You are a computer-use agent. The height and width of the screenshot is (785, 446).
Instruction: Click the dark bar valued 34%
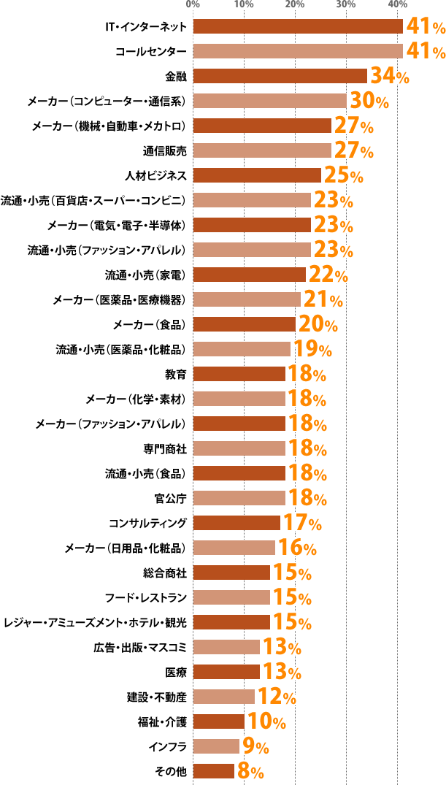point(280,76)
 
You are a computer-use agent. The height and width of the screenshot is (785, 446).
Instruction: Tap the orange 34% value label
point(390,76)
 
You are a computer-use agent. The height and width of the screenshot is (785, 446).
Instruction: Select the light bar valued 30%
point(269,101)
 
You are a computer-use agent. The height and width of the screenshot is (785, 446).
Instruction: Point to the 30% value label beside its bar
point(369,101)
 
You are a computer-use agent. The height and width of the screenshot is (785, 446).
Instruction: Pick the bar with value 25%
point(257,175)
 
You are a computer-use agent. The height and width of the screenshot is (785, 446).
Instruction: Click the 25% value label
point(343,175)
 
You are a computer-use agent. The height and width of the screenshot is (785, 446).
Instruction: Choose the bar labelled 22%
point(249,275)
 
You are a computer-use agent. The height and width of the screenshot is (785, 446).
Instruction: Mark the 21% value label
point(323,299)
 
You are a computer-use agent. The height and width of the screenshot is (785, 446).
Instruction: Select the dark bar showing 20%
point(244,324)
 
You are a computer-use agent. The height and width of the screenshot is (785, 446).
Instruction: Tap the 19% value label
point(312,349)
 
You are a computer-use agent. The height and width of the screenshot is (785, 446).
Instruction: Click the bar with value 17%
point(237,523)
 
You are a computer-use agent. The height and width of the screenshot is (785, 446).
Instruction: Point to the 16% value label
point(296,548)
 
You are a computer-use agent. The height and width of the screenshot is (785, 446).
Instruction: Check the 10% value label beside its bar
point(266,721)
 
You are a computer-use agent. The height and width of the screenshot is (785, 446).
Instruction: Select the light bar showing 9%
point(216,746)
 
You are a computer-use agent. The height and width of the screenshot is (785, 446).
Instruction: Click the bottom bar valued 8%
point(214,771)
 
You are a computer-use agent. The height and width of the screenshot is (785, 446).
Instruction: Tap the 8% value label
point(250,771)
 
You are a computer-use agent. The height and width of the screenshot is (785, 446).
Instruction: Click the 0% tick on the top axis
point(193,5)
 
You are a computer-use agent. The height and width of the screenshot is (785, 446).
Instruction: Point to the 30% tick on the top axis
point(346,5)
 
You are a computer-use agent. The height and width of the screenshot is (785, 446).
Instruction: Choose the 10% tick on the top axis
point(245,5)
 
